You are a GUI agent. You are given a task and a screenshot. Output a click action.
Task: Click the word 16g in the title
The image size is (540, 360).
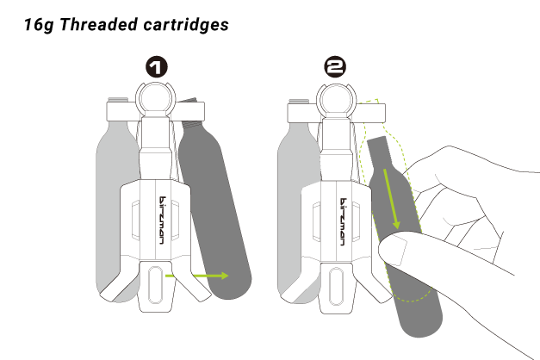(x=40, y=24)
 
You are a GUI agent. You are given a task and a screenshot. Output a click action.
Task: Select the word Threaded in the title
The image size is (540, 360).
(x=97, y=24)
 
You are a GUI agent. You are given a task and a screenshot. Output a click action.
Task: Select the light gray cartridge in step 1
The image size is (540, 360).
(x=114, y=207)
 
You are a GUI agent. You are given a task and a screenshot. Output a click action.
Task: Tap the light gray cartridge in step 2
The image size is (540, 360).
(x=293, y=207)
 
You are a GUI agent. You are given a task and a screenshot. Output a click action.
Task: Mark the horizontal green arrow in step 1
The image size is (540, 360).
(x=210, y=276)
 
